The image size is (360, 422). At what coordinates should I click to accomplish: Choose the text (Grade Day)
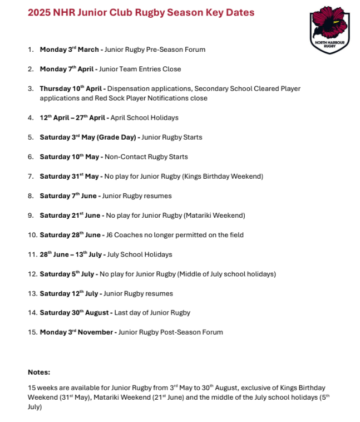tap(116, 138)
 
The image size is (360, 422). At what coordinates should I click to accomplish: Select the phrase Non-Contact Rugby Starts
tap(146, 157)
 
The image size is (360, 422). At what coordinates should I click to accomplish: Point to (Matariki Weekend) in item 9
tap(213, 215)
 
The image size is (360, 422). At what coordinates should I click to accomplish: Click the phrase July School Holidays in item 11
tap(140, 254)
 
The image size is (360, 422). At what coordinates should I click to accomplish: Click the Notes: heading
tap(39, 372)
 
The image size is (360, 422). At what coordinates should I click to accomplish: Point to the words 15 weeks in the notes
tap(41, 387)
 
